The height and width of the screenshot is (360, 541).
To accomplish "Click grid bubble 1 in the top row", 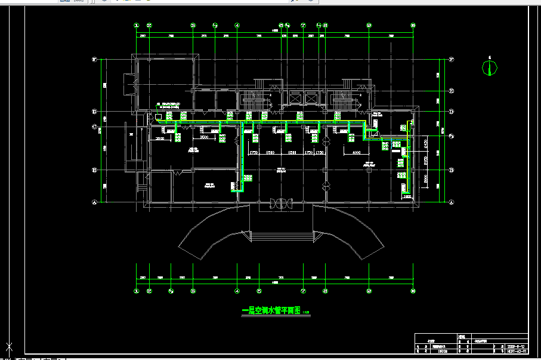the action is point(136,26).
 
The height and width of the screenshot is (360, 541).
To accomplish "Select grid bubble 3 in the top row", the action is point(193,26).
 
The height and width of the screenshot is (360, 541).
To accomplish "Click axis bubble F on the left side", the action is point(94,60).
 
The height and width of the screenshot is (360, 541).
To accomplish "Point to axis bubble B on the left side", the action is point(94,170).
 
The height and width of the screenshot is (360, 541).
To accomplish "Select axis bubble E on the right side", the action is point(452,91).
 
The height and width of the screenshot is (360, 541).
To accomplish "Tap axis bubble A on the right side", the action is point(452,202).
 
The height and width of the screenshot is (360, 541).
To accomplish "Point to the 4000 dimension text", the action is point(356,153).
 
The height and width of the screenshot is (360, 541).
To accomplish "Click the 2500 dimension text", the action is point(160,139).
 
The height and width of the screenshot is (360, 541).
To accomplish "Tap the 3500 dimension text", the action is point(204,139).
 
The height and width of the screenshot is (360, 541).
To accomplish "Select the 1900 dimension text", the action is point(407,196).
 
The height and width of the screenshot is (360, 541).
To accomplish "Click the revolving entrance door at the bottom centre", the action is point(280,204).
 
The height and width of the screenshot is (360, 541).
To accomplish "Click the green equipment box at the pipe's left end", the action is point(159,115).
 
